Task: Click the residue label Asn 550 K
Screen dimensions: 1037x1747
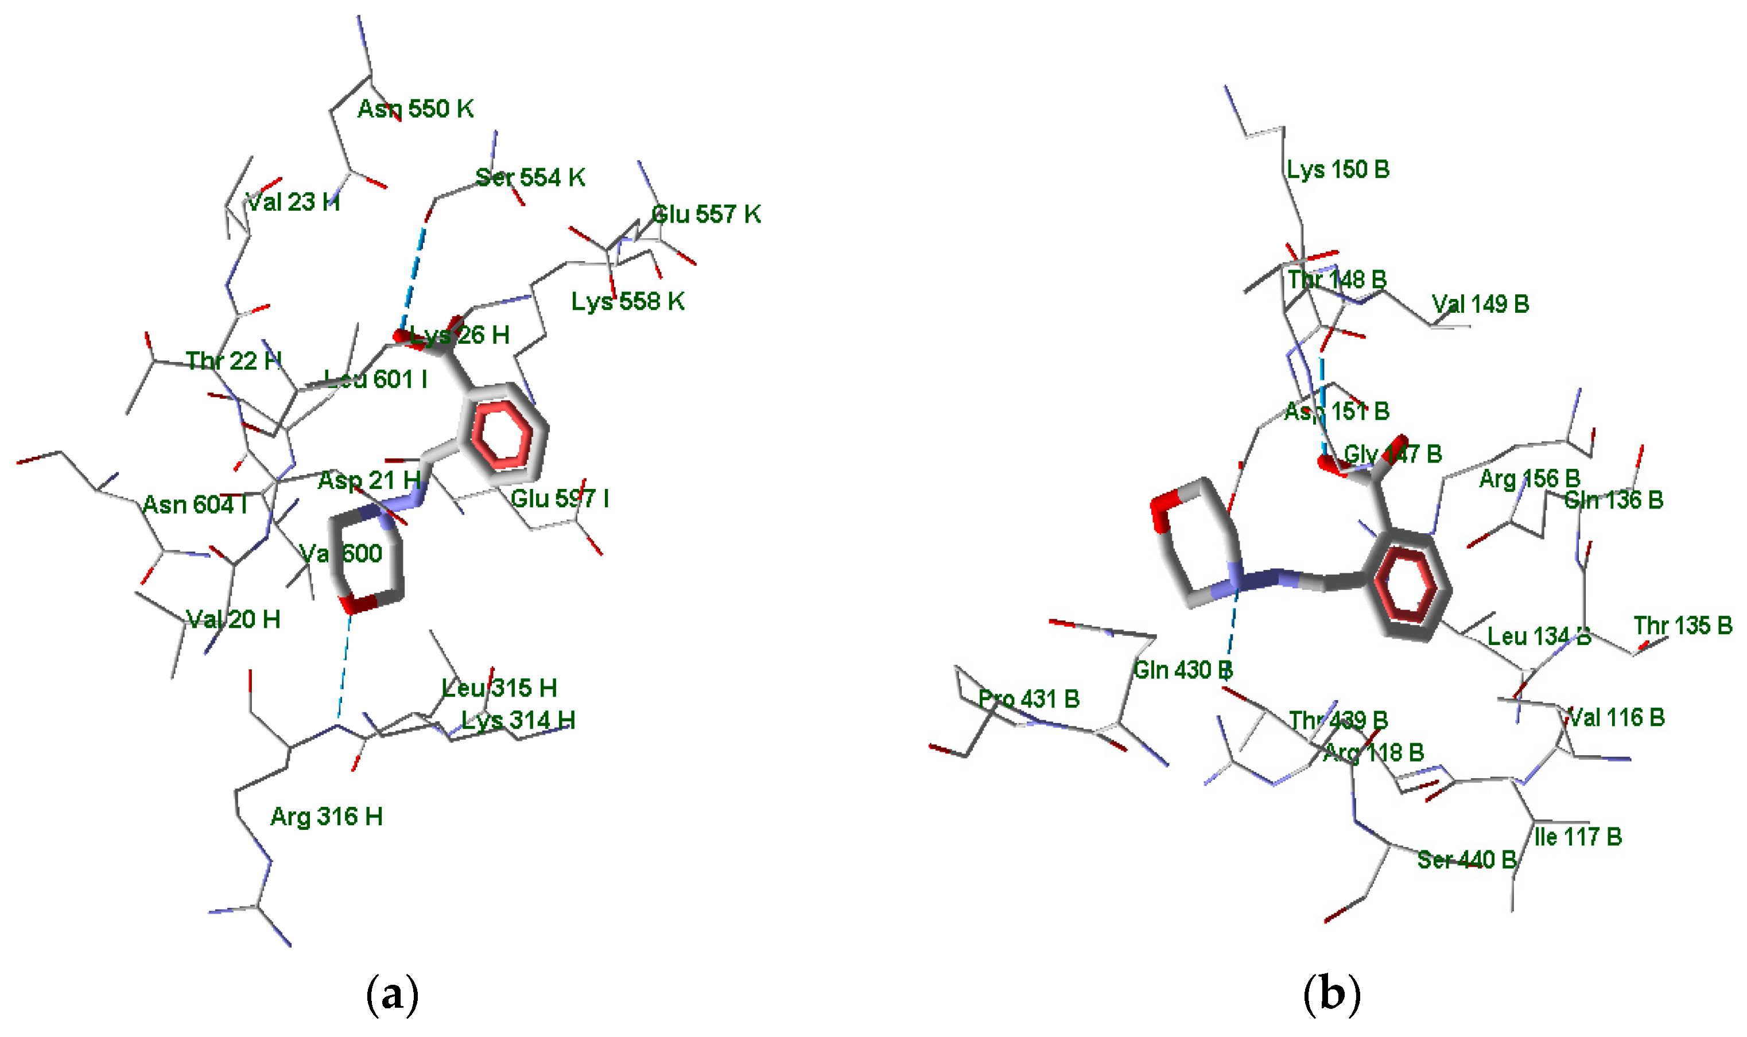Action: point(415,109)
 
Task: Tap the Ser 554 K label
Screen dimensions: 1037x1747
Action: point(530,177)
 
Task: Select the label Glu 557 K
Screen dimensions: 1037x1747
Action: point(706,214)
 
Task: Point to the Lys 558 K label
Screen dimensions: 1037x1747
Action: point(627,301)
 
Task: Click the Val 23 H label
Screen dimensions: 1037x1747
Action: point(293,203)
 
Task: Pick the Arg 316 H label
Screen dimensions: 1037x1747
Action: point(327,816)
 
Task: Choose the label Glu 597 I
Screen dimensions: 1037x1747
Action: point(560,498)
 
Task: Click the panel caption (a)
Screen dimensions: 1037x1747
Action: point(392,993)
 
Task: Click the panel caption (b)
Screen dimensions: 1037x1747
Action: point(1332,993)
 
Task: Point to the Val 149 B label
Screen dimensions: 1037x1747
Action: point(1480,304)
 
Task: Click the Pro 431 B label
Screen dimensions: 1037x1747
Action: point(1028,699)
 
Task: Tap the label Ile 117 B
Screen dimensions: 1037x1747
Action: point(1577,837)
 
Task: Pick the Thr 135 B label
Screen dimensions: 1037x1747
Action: point(1683,626)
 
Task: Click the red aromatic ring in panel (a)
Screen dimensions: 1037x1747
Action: point(502,434)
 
